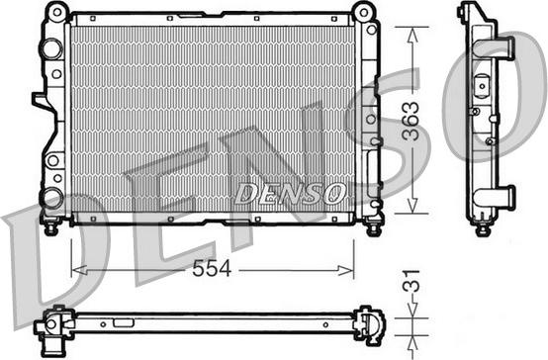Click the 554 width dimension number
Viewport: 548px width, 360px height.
pyautogui.click(x=212, y=268)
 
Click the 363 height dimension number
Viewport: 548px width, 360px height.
pyautogui.click(x=411, y=121)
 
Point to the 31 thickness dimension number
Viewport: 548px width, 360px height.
pyautogui.click(x=411, y=281)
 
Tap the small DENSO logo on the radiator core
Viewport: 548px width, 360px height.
pyautogui.click(x=291, y=193)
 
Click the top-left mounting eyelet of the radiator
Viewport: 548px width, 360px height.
pyautogui.click(x=57, y=12)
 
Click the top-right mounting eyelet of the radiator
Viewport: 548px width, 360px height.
pyautogui.click(x=364, y=13)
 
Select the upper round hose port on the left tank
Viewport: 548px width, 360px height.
pyautogui.click(x=51, y=48)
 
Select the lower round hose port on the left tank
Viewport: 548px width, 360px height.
pyautogui.click(x=52, y=198)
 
